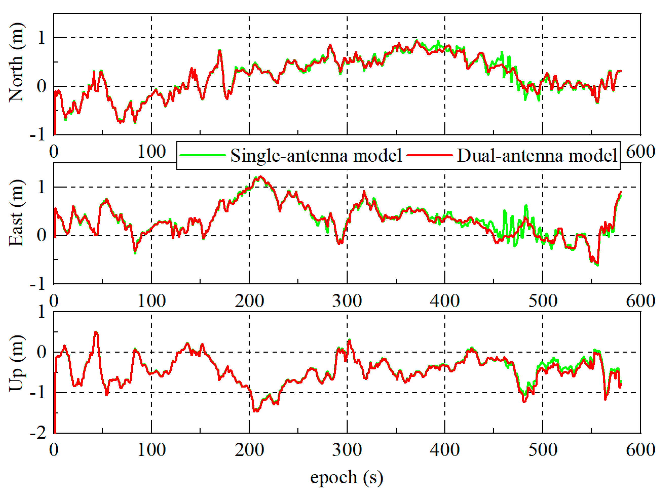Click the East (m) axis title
pyautogui.click(x=16, y=213)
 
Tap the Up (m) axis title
pyautogui.click(x=16, y=363)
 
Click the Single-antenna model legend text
pyautogui.click(x=316, y=155)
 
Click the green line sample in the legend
pyautogui.click(x=203, y=155)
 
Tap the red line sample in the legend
pyautogui.click(x=430, y=155)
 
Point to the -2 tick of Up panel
pyautogui.click(x=38, y=433)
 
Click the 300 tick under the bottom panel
pyautogui.click(x=347, y=450)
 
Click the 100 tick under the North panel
pyautogui.click(x=151, y=152)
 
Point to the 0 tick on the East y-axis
pyautogui.click(x=42, y=235)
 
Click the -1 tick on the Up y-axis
pyautogui.click(x=38, y=393)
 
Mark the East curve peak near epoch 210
pyautogui.click(x=261, y=177)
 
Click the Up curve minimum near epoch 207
pyautogui.click(x=256, y=411)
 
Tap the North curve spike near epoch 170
pyautogui.click(x=220, y=51)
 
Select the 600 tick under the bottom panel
pyautogui.click(x=640, y=450)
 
